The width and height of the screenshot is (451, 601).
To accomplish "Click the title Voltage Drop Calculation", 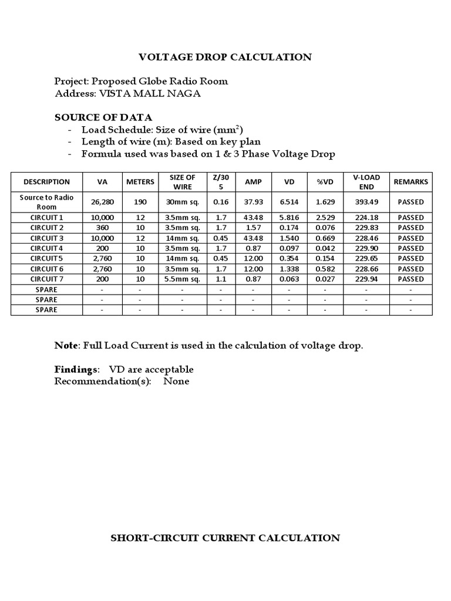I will pos(225,57).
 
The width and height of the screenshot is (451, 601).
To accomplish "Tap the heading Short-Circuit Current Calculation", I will pos(225,538).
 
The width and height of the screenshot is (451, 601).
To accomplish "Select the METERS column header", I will pos(140,182).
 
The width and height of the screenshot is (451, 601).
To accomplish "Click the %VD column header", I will pos(325,182).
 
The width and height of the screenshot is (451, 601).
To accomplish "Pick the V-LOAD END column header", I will pos(366,182).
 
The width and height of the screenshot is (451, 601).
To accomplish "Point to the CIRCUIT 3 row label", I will pos(46,238).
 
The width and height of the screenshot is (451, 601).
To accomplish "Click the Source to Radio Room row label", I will pos(46,202).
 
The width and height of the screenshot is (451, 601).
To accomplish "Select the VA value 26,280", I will pos(102,202).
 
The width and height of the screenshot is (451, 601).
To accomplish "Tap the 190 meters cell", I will pos(140,202).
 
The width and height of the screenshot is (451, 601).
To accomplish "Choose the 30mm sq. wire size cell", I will pos(182,202).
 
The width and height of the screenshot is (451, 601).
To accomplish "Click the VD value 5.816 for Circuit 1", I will pos(289,218).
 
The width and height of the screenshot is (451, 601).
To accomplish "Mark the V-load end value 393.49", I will pos(366,202).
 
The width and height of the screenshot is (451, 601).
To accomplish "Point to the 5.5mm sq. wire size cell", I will pos(182,279).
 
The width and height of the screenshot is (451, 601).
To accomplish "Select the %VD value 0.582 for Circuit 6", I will pos(325,269).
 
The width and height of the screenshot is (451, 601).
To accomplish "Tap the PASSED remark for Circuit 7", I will pos(410,279).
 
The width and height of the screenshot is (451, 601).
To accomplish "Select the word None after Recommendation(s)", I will pos(176,381).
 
